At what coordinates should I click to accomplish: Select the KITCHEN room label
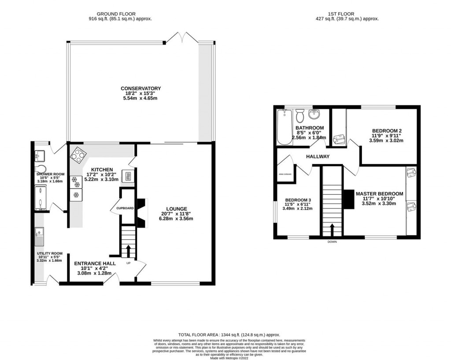coord(102,170)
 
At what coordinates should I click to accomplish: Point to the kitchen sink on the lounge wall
coord(128,177)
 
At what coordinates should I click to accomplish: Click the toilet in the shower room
coord(39,169)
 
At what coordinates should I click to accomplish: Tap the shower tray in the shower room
coord(40,196)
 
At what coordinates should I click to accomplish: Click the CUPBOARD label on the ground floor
coord(125,208)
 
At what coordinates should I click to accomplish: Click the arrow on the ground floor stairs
coord(129,251)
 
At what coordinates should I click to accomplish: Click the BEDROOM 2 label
coord(387,131)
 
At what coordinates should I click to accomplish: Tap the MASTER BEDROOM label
coord(379,193)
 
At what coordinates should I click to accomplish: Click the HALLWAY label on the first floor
coord(318,156)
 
